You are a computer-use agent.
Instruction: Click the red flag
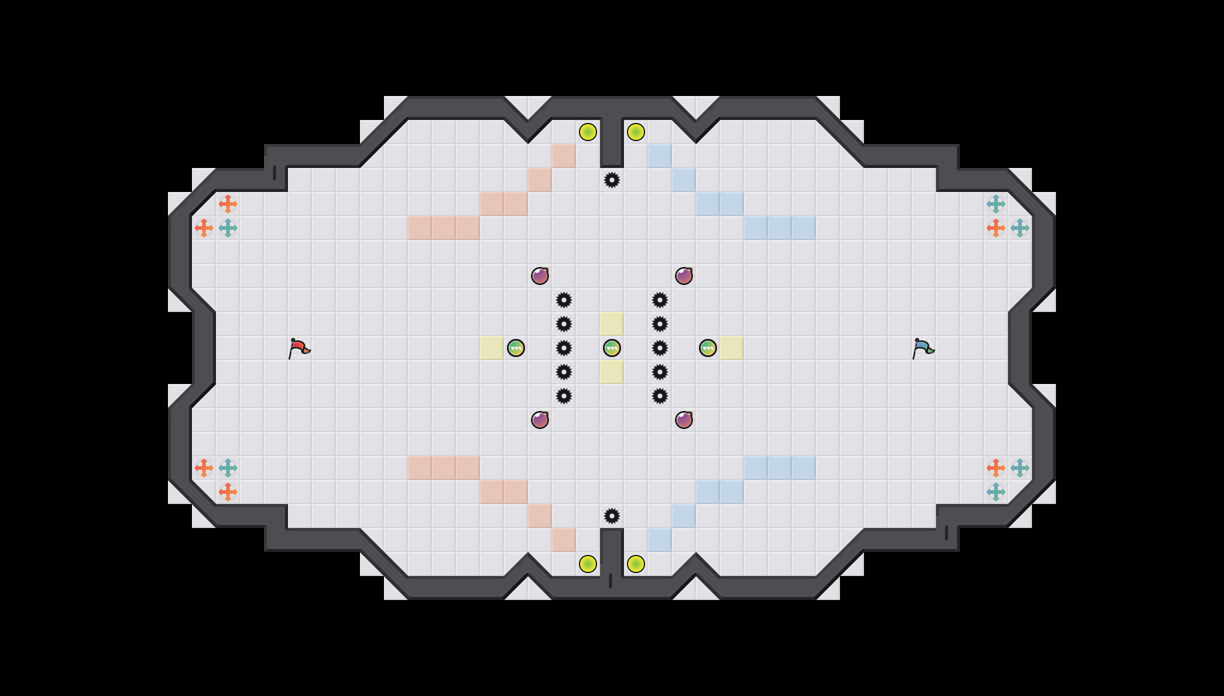pyautogui.click(x=299, y=348)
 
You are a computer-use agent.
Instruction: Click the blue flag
pyautogui.click(x=923, y=348)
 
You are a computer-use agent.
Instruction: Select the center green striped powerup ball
pyautogui.click(x=612, y=348)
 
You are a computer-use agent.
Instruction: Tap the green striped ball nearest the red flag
pyautogui.click(x=516, y=348)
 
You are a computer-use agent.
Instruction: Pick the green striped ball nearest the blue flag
pyautogui.click(x=708, y=348)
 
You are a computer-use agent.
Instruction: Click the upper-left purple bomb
pyautogui.click(x=540, y=276)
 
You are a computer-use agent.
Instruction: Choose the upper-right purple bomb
pyautogui.click(x=684, y=276)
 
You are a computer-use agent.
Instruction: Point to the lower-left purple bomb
pyautogui.click(x=540, y=420)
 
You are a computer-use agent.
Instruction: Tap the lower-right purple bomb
pyautogui.click(x=684, y=420)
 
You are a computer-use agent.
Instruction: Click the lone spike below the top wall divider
pyautogui.click(x=612, y=180)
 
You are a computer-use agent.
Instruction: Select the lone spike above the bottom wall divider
pyautogui.click(x=612, y=516)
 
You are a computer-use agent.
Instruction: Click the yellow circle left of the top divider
pyautogui.click(x=588, y=132)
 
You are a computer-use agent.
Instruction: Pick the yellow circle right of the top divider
pyautogui.click(x=636, y=132)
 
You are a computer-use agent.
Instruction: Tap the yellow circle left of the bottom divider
pyautogui.click(x=588, y=564)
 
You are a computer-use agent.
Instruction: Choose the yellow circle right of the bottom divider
pyautogui.click(x=636, y=564)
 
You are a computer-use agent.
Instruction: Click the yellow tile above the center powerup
pyautogui.click(x=612, y=324)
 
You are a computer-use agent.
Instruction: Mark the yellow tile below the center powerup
pyautogui.click(x=612, y=372)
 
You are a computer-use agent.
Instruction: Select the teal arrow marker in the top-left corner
pyautogui.click(x=228, y=228)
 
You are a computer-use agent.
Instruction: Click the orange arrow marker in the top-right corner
pyautogui.click(x=996, y=228)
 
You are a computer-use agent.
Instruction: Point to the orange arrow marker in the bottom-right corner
pyautogui.click(x=996, y=468)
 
